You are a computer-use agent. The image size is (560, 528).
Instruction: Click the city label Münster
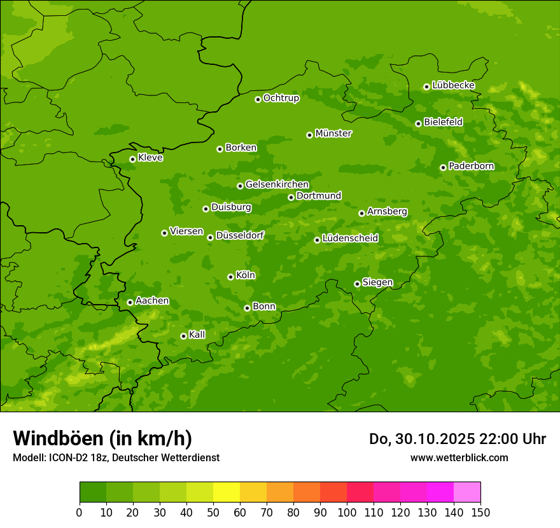pos(333,134)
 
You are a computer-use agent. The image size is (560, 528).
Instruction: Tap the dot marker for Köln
pos(230,277)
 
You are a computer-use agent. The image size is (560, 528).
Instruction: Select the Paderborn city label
pos(472,166)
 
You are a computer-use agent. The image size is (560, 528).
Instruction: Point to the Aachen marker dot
pos(130,302)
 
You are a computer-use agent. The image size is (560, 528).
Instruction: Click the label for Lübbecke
pos(453,85)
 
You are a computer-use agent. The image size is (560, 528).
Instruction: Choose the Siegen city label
pos(377,282)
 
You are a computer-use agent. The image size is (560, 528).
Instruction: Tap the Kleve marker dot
pos(132,159)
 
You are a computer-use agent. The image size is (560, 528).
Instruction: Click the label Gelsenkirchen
pos(277,184)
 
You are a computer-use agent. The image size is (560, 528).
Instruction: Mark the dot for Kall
pos(183,336)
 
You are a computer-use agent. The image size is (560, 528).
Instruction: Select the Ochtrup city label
pos(281,98)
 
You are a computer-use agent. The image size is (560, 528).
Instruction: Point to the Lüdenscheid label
pos(350,239)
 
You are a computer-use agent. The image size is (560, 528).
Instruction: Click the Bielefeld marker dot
pos(418,123)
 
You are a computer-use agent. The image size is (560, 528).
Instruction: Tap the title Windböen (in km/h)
pos(102,438)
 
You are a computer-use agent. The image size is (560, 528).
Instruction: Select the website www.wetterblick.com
pos(459,457)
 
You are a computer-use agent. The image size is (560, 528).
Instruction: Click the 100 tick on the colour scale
pos(347,512)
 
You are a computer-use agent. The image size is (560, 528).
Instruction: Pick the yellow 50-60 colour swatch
pos(227,492)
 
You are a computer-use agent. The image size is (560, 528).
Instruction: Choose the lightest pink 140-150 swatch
pos(467,492)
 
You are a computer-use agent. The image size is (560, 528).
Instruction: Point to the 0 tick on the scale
pos(80,512)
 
